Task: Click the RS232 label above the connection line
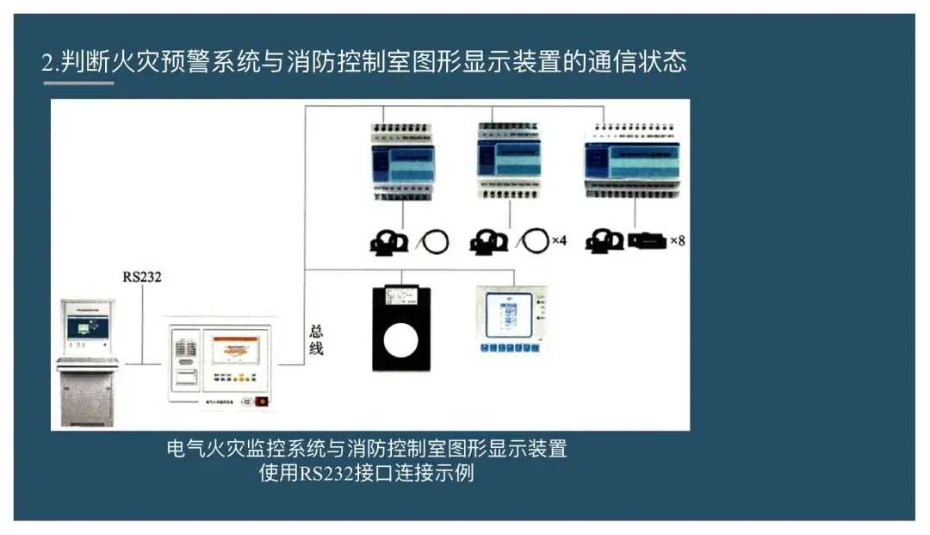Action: [x=141, y=277]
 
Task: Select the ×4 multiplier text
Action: [x=558, y=240]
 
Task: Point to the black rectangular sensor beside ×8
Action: [x=645, y=240]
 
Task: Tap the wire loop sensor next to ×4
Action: [x=535, y=240]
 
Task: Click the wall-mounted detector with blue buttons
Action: [x=512, y=319]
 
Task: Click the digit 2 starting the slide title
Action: [x=47, y=62]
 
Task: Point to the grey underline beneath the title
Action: [x=78, y=84]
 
